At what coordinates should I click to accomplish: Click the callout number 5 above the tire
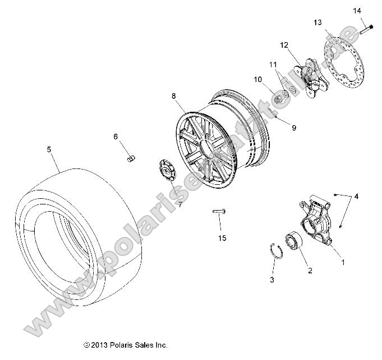(49, 149)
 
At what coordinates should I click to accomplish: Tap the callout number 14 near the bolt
(357, 11)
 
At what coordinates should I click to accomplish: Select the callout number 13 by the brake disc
(317, 22)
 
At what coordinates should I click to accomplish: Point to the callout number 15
(222, 238)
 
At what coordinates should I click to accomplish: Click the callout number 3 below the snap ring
(271, 279)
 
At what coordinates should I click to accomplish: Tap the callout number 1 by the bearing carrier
(344, 261)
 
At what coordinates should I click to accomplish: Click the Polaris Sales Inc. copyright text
(125, 345)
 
